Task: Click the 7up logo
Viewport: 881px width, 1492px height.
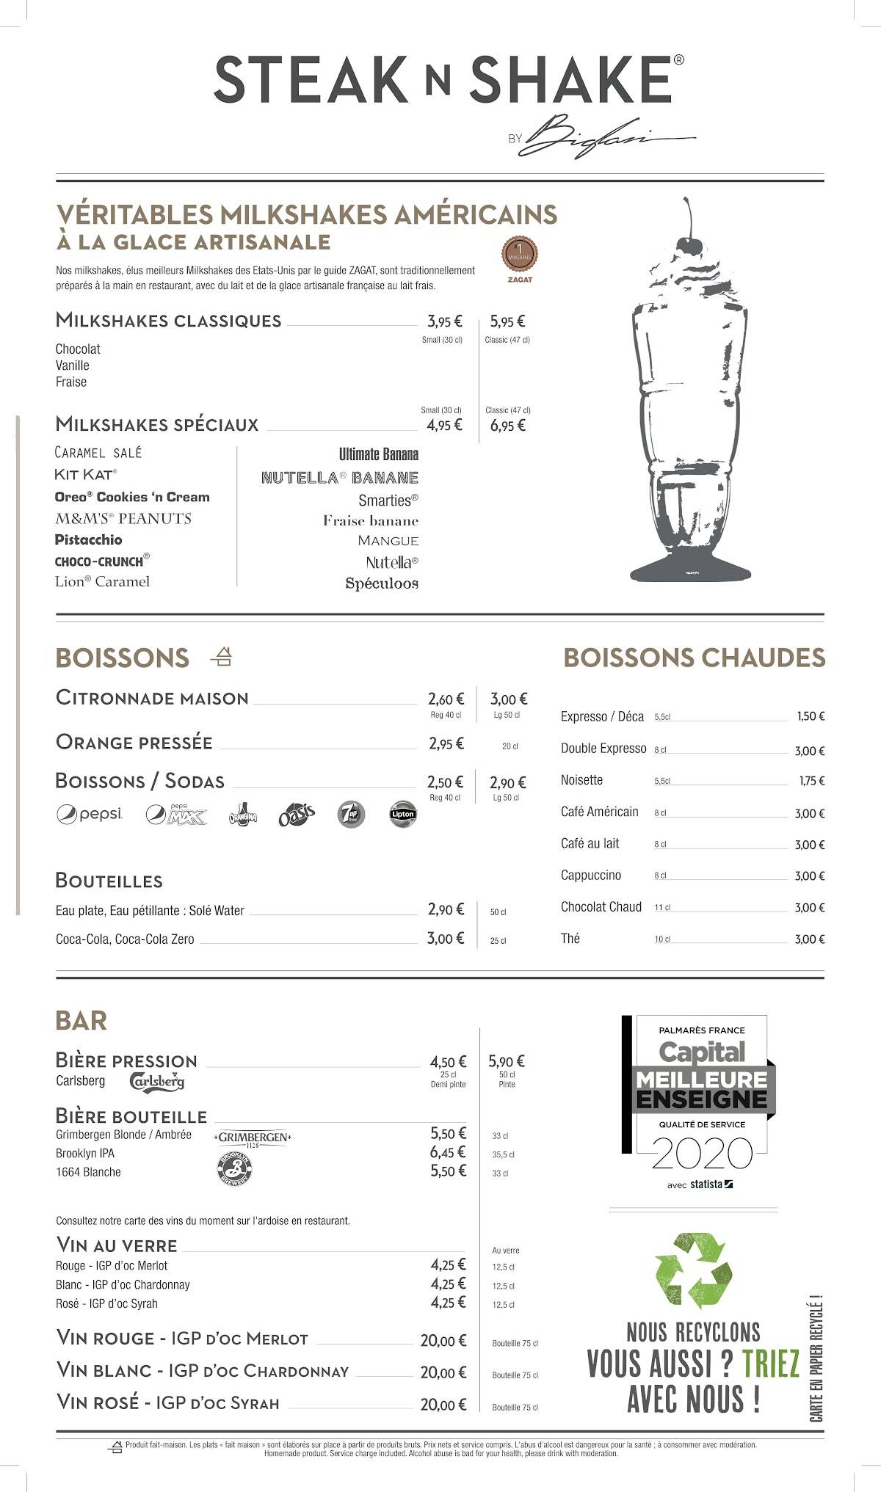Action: coord(351,815)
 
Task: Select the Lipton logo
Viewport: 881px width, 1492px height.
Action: coord(403,814)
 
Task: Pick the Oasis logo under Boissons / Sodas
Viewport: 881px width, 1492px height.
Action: coord(297,815)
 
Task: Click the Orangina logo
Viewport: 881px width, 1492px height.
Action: coord(242,815)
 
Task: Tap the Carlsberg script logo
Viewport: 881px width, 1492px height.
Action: coord(156,1081)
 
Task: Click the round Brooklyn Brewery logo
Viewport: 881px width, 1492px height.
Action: coord(236,1170)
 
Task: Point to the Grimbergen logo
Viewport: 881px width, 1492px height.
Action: coord(253,1138)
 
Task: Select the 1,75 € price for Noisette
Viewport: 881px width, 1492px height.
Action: coord(811,781)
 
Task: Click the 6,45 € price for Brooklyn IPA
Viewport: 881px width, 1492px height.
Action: coord(448,1152)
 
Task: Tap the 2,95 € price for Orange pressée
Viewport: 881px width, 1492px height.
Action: coord(446,743)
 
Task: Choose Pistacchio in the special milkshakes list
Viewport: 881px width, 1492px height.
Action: coord(89,539)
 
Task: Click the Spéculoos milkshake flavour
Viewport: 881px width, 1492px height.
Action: coord(382,583)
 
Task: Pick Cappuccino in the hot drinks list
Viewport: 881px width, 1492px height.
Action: coord(591,875)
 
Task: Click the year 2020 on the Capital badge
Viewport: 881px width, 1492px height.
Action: coord(702,1154)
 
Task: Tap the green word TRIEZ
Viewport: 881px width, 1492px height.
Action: coord(770,1364)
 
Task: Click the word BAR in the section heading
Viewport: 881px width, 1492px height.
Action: coord(81,1020)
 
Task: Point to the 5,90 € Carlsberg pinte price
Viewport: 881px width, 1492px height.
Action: coord(507,1061)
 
